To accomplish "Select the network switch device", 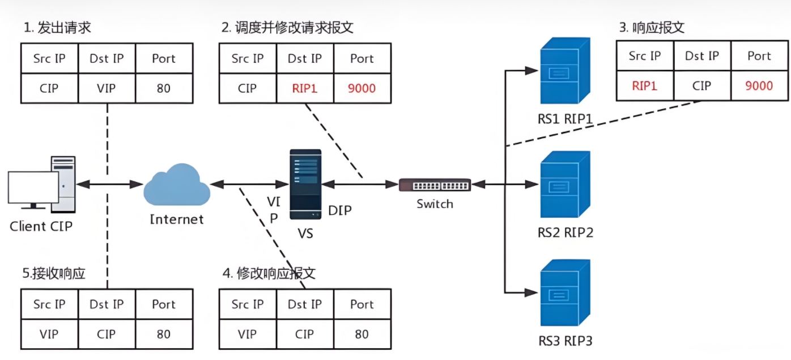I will pyautogui.click(x=435, y=185).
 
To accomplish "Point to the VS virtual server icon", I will pyautogui.click(x=305, y=184).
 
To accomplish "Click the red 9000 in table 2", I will pyautogui.click(x=362, y=88).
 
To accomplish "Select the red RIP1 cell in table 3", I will pyautogui.click(x=644, y=86).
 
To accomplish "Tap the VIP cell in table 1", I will pyautogui.click(x=107, y=88).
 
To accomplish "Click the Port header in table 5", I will pyautogui.click(x=164, y=304).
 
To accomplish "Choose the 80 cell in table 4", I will pyautogui.click(x=362, y=334).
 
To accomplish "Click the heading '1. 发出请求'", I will pyautogui.click(x=57, y=28).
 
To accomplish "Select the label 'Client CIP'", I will pyautogui.click(x=41, y=227).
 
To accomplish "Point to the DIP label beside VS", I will pyautogui.click(x=340, y=211).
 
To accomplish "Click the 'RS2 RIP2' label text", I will pyautogui.click(x=565, y=232).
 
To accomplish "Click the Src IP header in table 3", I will pyautogui.click(x=644, y=56).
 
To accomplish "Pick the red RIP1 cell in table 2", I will pyautogui.click(x=305, y=88).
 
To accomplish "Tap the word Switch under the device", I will pyautogui.click(x=435, y=204).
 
